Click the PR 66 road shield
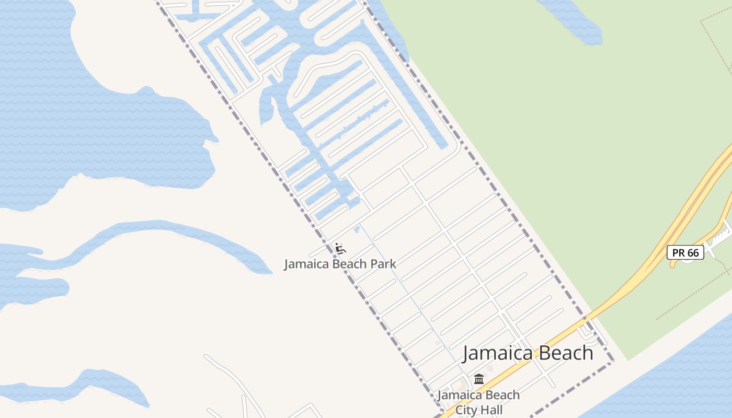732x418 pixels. point(685,253)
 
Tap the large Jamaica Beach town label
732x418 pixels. point(528,353)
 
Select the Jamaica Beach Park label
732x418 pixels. point(340,264)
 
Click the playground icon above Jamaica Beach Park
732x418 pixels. point(340,248)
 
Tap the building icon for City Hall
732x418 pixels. point(479,379)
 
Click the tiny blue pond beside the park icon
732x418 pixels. point(357,229)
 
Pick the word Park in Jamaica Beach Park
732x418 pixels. point(383,264)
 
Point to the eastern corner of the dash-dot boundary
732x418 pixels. point(613,361)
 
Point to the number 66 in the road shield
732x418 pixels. point(692,253)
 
